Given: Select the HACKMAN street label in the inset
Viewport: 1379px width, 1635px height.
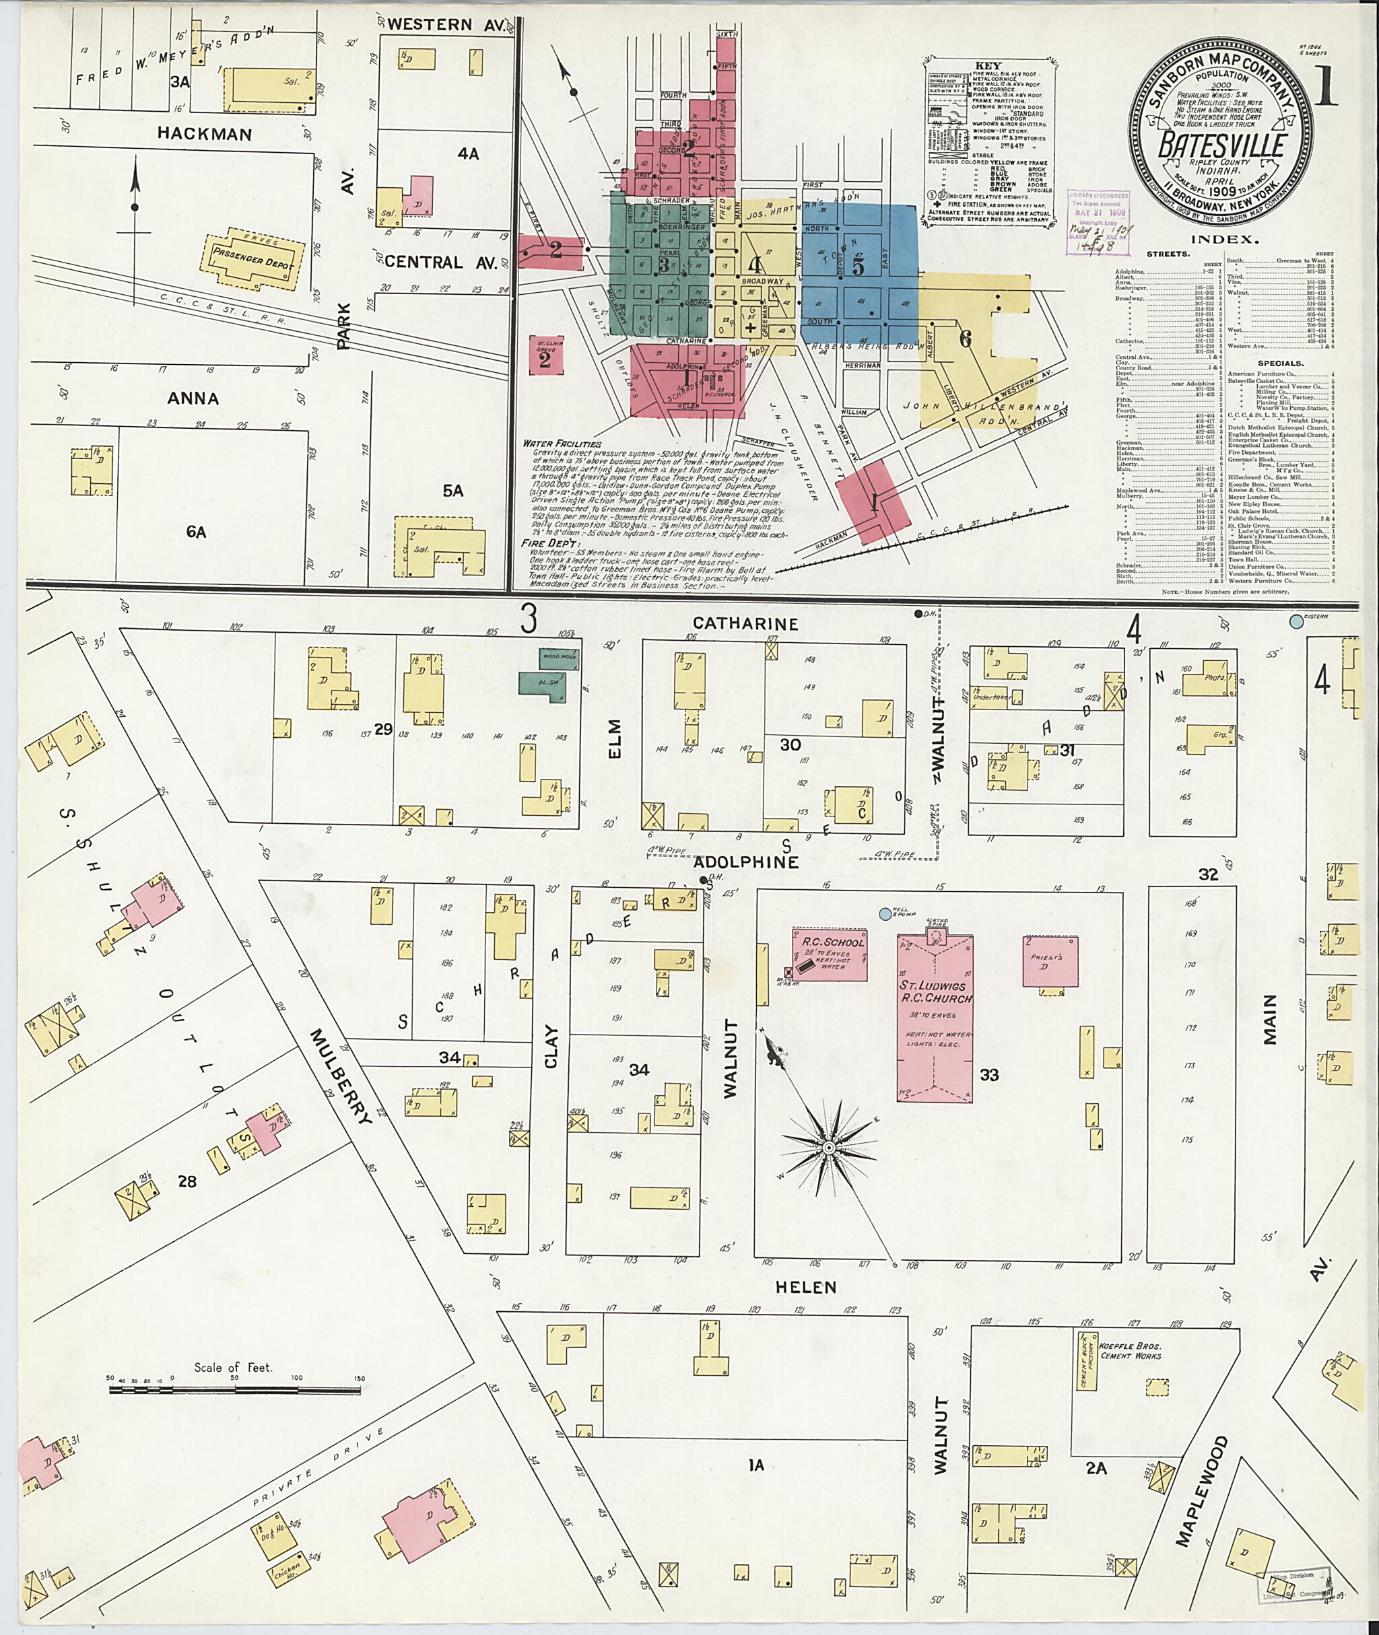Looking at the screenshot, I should pos(204,134).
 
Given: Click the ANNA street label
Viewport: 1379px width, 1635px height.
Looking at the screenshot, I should pos(193,398).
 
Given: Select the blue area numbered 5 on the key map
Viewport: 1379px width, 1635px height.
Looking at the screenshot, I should pos(859,267).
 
